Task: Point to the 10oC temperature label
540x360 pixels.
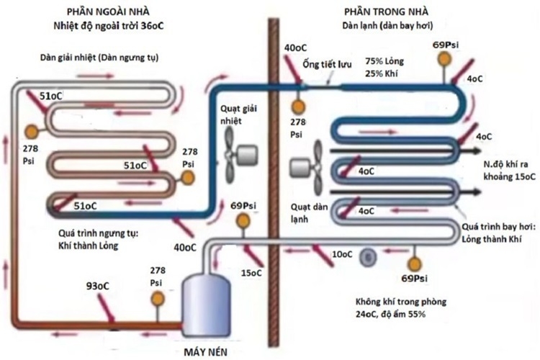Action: [x=342, y=255]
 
